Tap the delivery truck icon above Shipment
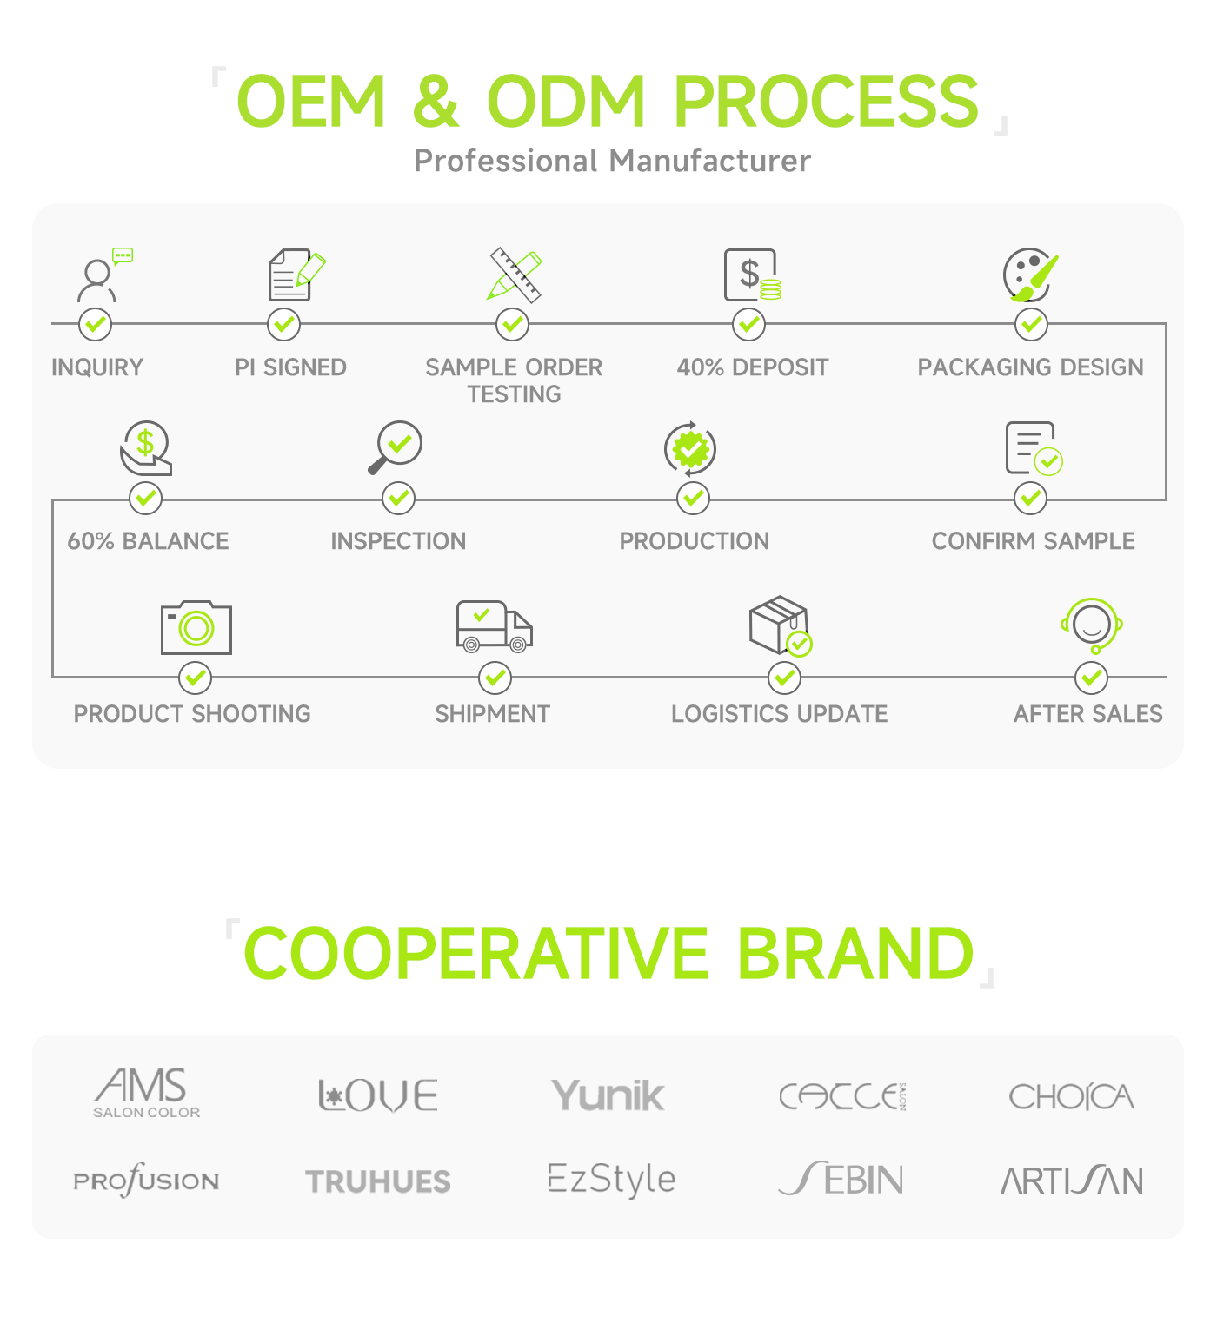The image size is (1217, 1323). coord(494,626)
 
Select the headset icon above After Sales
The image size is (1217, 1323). coord(1091,625)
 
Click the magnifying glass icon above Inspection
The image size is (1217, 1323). coord(395,447)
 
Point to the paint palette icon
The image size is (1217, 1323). coord(1030,275)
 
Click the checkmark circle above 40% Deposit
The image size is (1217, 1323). coord(748,324)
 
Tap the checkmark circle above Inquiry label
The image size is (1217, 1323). coord(95,324)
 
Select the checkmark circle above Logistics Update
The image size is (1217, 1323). coord(784,678)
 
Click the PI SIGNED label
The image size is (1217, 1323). coord(290,367)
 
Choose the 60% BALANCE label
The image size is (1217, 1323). coord(148,541)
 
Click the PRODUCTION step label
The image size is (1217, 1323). coord(695,541)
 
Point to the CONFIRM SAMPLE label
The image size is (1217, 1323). coord(1033,541)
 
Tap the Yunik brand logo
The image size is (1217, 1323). coord(608,1095)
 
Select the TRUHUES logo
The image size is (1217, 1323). coord(377,1181)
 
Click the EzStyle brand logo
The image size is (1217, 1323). coord(612,1180)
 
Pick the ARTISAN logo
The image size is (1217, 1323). coord(1072,1180)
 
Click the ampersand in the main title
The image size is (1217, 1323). coord(436,101)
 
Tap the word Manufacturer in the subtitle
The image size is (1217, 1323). coord(709,161)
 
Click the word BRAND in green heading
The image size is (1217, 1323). coord(855,953)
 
